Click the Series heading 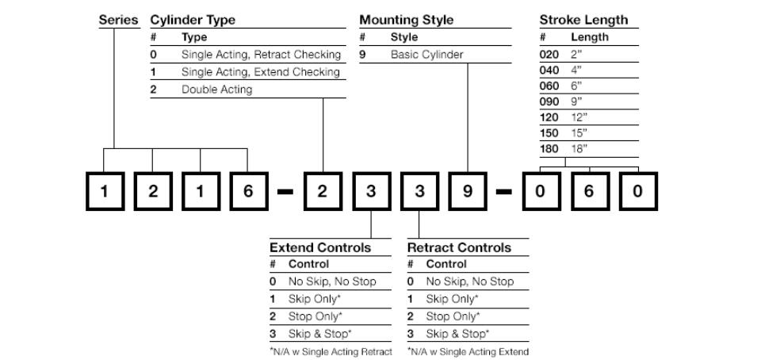(x=118, y=21)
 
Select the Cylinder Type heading (x=193, y=21)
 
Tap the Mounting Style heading (x=406, y=21)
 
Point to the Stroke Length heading (x=583, y=21)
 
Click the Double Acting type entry (x=217, y=90)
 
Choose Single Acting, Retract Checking (x=261, y=55)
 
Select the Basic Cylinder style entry (x=427, y=55)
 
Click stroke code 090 (x=549, y=101)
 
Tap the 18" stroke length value (x=579, y=149)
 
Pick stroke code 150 (x=549, y=133)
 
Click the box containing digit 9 (x=468, y=191)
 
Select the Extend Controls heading (x=320, y=247)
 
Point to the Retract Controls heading (x=459, y=247)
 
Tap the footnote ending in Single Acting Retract (x=331, y=352)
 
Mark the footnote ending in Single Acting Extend (x=468, y=352)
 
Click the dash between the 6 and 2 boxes (x=285, y=192)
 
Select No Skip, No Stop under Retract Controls (x=470, y=281)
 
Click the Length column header (x=590, y=37)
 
